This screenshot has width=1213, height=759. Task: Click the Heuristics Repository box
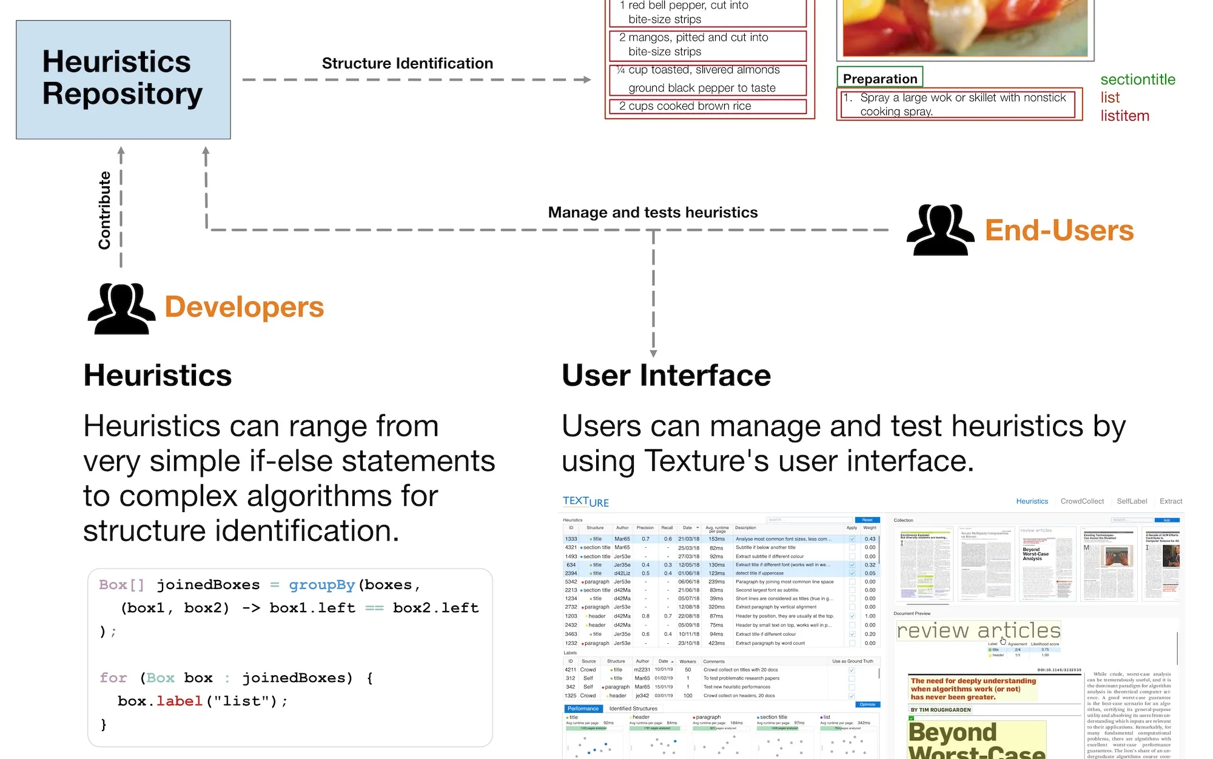click(x=123, y=79)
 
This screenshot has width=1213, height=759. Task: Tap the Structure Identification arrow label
click(x=407, y=63)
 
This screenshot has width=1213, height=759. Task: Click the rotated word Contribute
click(x=105, y=210)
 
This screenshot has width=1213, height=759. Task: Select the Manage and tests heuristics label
click(x=653, y=212)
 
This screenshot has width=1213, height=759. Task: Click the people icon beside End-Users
click(x=939, y=231)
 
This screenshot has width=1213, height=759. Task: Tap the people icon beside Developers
click(x=121, y=308)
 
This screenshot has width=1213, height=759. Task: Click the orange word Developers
click(x=244, y=307)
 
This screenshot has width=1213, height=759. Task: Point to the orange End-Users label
click(x=1059, y=231)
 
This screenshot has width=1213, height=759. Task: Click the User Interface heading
click(x=666, y=376)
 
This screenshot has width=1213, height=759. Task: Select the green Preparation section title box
click(x=879, y=78)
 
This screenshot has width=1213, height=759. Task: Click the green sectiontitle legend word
click(x=1138, y=79)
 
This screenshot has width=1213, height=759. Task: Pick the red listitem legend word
click(x=1124, y=116)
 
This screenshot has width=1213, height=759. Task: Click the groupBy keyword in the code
click(x=321, y=585)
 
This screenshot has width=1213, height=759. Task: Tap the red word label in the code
click(x=179, y=701)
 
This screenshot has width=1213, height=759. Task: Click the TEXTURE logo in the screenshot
click(x=585, y=502)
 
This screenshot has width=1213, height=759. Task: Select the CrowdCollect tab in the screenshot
click(x=1082, y=501)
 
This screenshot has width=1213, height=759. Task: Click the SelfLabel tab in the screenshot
click(x=1132, y=501)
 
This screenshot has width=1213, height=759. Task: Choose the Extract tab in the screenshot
click(x=1171, y=501)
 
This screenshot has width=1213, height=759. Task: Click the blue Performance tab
click(x=583, y=709)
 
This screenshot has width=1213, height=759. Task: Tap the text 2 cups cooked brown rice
click(x=685, y=106)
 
